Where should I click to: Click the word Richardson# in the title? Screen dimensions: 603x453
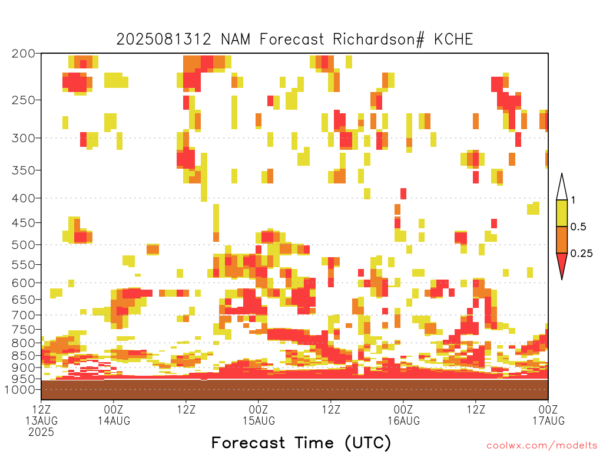click(x=379, y=40)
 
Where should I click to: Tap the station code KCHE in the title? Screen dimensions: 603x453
click(x=453, y=40)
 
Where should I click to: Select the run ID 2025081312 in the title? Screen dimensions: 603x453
click(x=164, y=40)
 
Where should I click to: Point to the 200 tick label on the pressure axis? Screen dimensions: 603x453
click(x=24, y=54)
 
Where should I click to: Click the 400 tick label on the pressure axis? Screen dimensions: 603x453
click(x=24, y=198)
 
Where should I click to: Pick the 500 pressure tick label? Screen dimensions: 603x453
click(x=24, y=245)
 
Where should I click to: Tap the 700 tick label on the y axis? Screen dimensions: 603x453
click(x=24, y=316)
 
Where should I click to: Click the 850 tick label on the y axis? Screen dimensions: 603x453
click(x=24, y=356)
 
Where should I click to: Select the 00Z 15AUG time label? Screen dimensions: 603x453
click(x=259, y=415)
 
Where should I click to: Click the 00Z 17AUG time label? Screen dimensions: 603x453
click(x=548, y=415)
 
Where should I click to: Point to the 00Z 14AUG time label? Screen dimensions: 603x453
click(x=114, y=415)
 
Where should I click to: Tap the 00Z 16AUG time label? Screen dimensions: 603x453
click(x=403, y=415)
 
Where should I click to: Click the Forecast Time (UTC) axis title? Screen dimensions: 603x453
click(x=301, y=443)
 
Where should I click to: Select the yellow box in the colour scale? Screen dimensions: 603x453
click(x=562, y=213)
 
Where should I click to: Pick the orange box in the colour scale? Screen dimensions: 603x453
click(x=562, y=239)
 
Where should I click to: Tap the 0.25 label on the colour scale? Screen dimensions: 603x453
click(x=581, y=254)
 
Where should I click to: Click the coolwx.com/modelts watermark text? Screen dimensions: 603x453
click(x=542, y=445)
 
